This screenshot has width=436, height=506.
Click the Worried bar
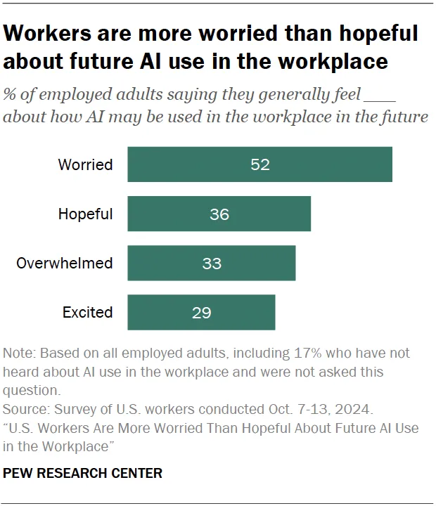(x=259, y=164)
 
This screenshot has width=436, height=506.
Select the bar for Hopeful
(x=219, y=214)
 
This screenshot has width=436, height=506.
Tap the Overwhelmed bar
(x=211, y=263)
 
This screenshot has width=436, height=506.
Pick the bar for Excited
(x=201, y=312)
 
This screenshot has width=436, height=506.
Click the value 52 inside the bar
(x=259, y=164)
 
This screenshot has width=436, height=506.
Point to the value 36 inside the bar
(x=219, y=214)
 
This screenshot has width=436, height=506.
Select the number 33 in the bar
(x=212, y=264)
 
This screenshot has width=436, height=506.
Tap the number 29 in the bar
(x=202, y=313)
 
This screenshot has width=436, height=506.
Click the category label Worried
(x=85, y=164)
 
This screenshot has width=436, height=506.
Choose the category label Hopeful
(x=85, y=214)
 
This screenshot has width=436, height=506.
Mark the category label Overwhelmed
(x=65, y=263)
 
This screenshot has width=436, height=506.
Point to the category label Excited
(x=87, y=312)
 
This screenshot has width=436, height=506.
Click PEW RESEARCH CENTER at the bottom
(x=83, y=473)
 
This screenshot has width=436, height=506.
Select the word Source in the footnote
(x=24, y=408)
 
